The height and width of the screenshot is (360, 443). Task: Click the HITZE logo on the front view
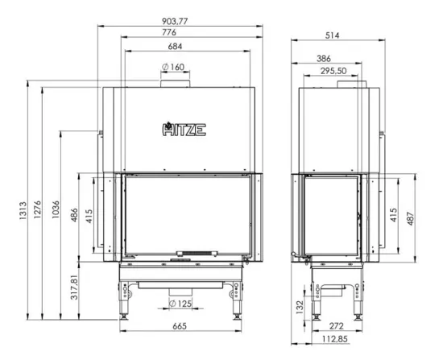[x=184, y=130]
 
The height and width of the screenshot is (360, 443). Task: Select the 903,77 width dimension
[x=175, y=21]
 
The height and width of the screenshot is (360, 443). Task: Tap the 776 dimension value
[x=169, y=32]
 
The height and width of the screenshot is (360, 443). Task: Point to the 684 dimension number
[x=175, y=46]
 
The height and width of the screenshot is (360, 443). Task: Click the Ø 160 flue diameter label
[x=173, y=67]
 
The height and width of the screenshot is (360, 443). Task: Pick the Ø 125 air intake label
[x=180, y=304]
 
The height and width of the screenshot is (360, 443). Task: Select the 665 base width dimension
[x=180, y=326]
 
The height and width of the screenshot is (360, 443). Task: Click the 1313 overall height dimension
[x=23, y=210]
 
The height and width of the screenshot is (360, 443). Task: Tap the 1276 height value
[x=37, y=209]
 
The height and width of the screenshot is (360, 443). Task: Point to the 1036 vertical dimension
[x=56, y=209]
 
